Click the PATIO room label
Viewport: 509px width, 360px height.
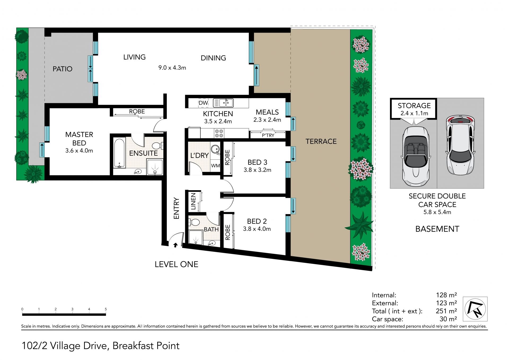pyautogui.click(x=63, y=69)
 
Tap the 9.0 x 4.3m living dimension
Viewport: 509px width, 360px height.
pyautogui.click(x=172, y=68)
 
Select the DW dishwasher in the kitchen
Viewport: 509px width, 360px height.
pyautogui.click(x=203, y=103)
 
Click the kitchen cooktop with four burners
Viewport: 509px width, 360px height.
pyautogui.click(x=219, y=133)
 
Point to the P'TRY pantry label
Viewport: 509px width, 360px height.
pyautogui.click(x=268, y=135)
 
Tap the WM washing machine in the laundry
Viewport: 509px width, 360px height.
pyautogui.click(x=216, y=166)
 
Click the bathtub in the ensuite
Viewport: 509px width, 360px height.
pyautogui.click(x=120, y=152)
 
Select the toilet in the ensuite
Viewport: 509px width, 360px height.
pyautogui.click(x=158, y=146)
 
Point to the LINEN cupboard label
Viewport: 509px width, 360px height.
pyautogui.click(x=193, y=202)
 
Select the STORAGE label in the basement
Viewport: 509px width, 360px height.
pyautogui.click(x=414, y=106)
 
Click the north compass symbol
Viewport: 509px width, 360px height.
pyautogui.click(x=475, y=309)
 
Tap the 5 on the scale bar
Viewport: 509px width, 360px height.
pyautogui.click(x=106, y=309)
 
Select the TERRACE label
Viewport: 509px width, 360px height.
pyautogui.click(x=321, y=141)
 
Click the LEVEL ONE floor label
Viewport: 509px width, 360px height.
pyautogui.click(x=177, y=264)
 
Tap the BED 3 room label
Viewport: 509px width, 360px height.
pyautogui.click(x=257, y=162)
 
